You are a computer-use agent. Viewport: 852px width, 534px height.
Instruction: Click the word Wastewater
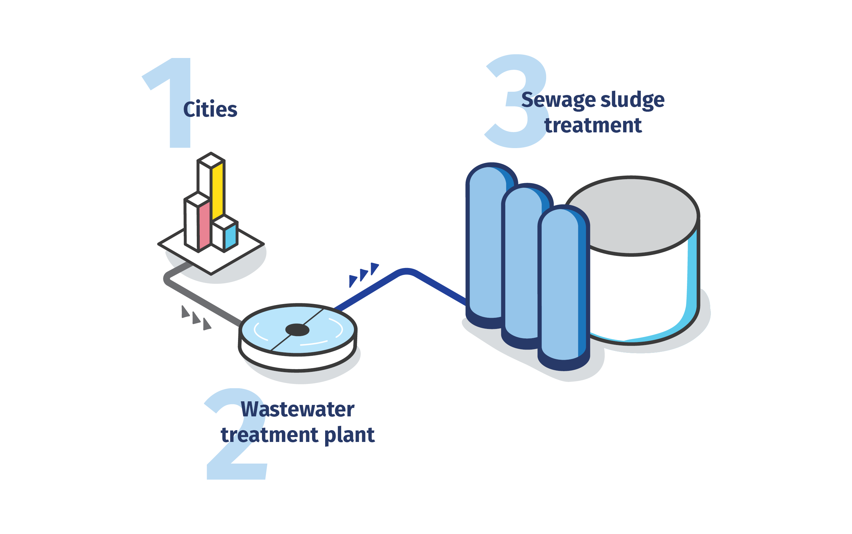coord(297,410)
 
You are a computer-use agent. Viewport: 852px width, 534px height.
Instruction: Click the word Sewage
coord(558,100)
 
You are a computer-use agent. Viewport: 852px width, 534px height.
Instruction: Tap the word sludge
coord(632,100)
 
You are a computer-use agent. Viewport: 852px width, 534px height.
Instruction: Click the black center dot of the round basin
coord(297,330)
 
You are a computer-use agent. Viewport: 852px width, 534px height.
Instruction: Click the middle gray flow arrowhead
coord(196,318)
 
